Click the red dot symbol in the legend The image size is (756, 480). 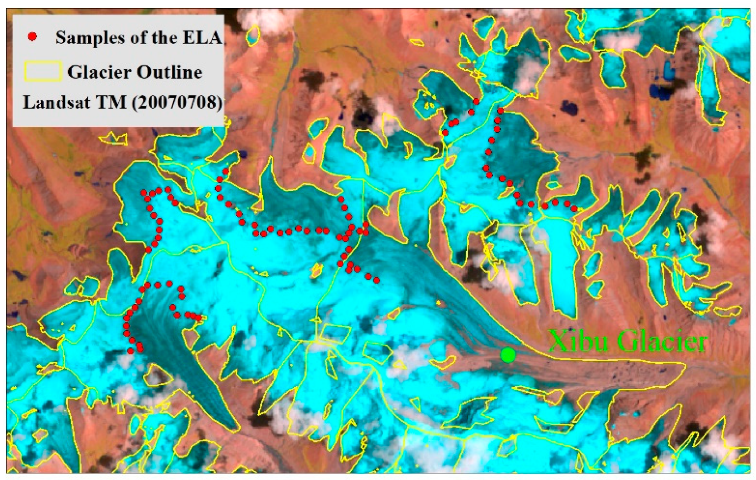click(x=33, y=37)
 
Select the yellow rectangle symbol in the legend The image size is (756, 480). click(x=42, y=71)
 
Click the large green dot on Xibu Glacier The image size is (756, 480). click(x=508, y=355)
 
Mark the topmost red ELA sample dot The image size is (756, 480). click(x=476, y=101)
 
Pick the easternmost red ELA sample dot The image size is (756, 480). click(x=574, y=208)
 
